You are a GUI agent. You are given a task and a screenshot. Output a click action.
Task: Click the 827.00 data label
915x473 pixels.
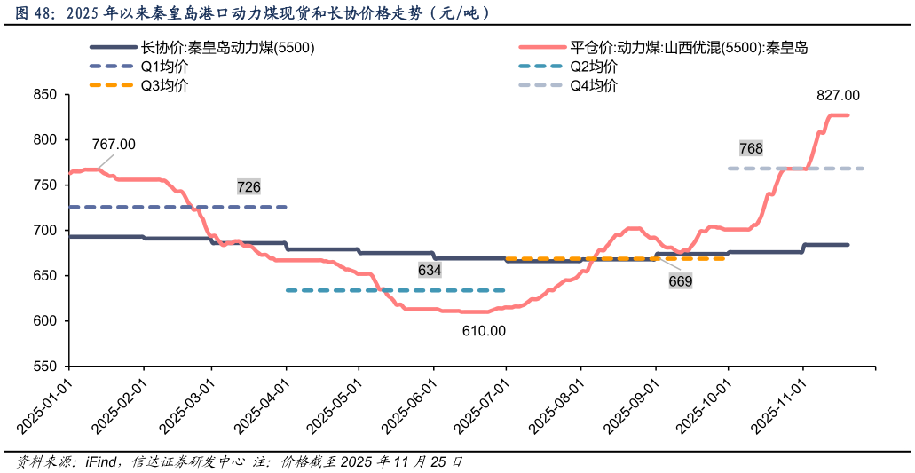(x=838, y=96)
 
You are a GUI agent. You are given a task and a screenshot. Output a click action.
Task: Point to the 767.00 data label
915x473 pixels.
(x=114, y=145)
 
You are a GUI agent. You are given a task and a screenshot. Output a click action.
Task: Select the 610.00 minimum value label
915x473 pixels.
(x=484, y=331)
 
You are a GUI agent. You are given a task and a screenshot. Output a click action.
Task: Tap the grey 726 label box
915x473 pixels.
(x=248, y=187)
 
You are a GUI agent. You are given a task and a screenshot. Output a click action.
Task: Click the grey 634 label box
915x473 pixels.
(x=430, y=270)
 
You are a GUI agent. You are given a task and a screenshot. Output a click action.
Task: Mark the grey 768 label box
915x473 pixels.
(x=751, y=148)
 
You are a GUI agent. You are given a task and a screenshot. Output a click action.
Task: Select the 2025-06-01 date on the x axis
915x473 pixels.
(x=409, y=405)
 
